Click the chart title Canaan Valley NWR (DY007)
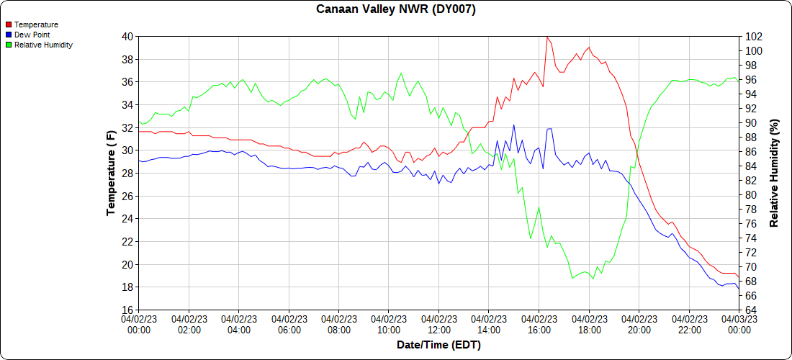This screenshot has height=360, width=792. click(x=396, y=9)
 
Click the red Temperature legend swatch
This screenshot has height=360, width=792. click(x=9, y=24)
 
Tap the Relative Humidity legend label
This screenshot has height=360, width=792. click(x=43, y=45)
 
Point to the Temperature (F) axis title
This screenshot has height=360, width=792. click(x=111, y=173)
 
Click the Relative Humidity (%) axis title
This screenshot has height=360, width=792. click(x=775, y=173)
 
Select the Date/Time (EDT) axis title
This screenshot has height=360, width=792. click(x=438, y=345)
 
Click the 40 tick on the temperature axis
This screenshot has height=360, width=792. click(x=127, y=36)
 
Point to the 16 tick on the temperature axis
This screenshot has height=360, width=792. click(x=127, y=310)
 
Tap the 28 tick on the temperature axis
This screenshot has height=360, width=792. click(x=127, y=174)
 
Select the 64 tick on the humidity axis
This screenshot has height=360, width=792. click(x=751, y=310)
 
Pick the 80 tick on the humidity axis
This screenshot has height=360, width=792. click(x=751, y=195)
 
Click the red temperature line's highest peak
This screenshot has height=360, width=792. click(x=547, y=37)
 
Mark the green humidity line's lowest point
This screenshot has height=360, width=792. click(x=593, y=279)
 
